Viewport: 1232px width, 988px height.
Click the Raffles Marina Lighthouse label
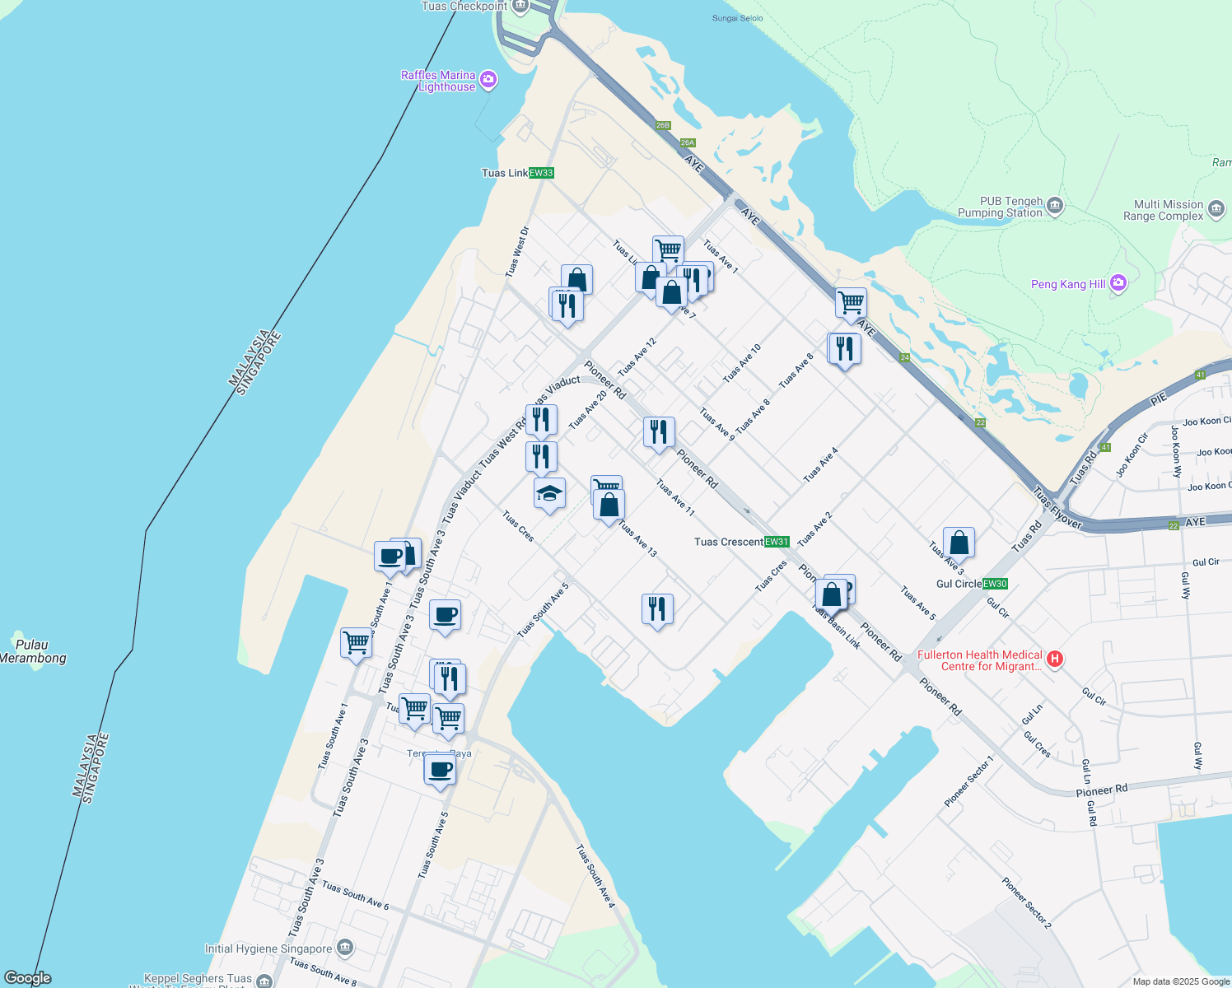coord(438,81)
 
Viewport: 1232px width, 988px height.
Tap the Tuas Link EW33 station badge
coord(541,173)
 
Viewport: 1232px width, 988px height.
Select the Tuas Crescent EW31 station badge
coord(777,542)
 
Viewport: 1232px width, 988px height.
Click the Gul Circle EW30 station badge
coord(995,584)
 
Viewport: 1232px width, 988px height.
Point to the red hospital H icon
coord(1055,659)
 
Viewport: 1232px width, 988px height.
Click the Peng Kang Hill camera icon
coord(1118,283)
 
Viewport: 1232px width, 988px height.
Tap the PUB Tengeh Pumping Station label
coord(1001,207)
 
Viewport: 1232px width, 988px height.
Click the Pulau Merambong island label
coord(33,651)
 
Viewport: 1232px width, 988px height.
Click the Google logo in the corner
coord(27,978)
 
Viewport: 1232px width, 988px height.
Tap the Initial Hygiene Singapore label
coord(268,948)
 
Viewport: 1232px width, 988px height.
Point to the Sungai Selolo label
coord(738,18)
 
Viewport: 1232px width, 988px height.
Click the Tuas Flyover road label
coord(1057,507)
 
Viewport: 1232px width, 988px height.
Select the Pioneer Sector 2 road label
coord(1027,902)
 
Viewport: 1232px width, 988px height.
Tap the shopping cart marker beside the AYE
coord(851,302)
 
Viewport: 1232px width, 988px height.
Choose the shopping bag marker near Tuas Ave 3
coord(959,543)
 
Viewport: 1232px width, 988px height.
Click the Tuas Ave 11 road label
coord(675,497)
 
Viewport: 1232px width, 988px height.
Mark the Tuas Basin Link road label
coord(837,627)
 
